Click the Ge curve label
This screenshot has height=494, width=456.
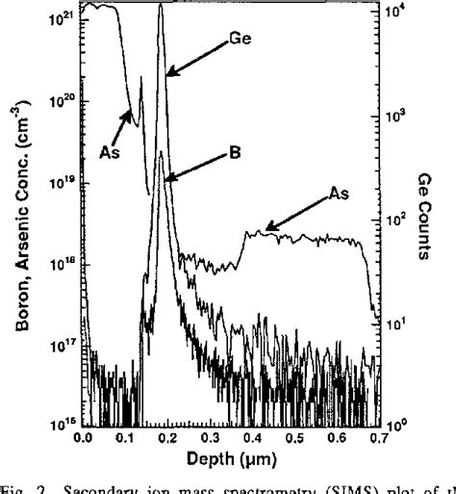[x=241, y=40]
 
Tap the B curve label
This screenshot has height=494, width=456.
[x=234, y=150]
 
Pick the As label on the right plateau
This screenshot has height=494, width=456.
[x=337, y=194]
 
